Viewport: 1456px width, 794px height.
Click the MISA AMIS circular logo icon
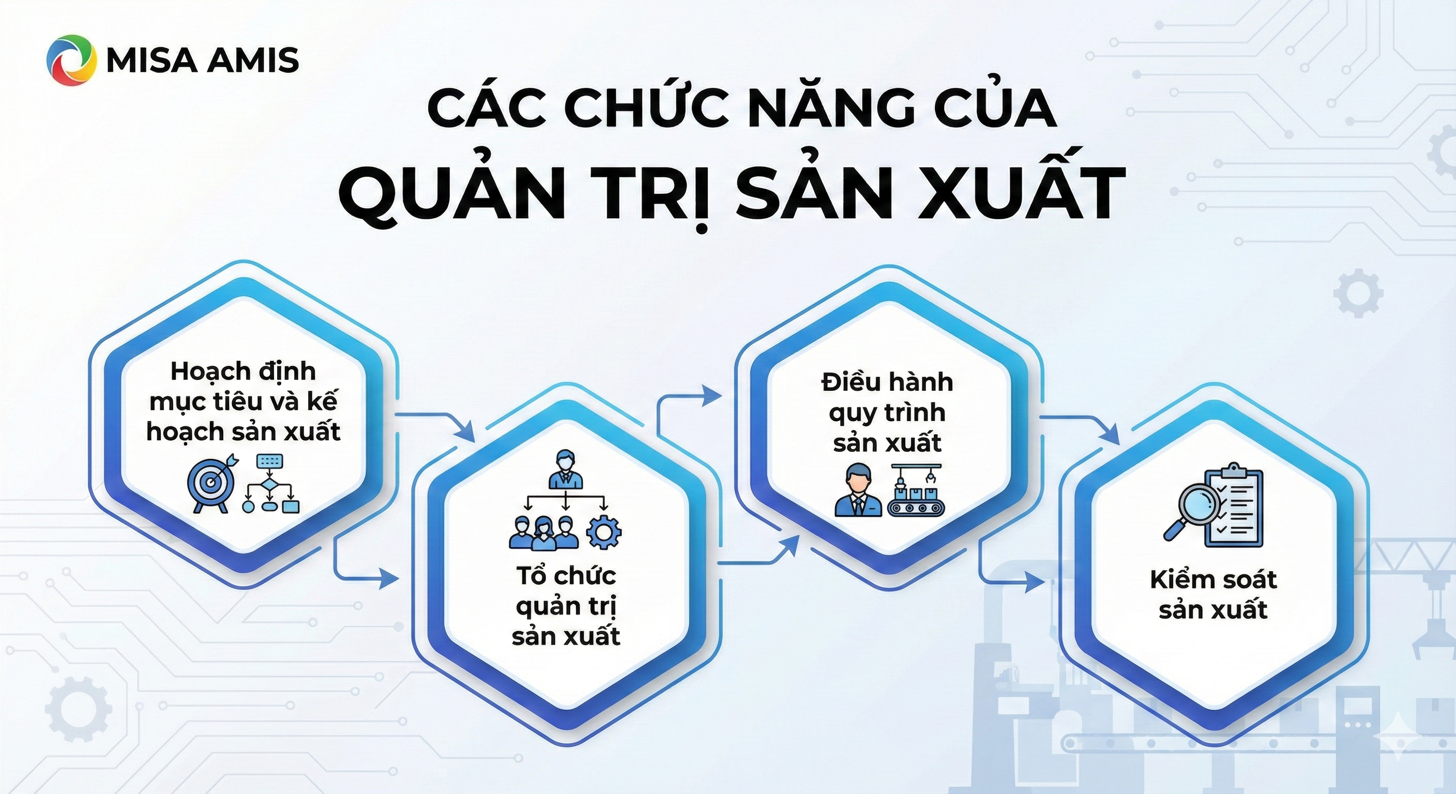click(x=68, y=60)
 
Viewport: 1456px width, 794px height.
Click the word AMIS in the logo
click(x=252, y=60)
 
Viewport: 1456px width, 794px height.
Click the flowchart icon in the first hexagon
click(x=271, y=484)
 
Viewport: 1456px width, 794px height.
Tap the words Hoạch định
click(x=243, y=371)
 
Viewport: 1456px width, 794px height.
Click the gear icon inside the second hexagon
click(x=604, y=532)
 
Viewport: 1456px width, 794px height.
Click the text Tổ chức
click(x=566, y=576)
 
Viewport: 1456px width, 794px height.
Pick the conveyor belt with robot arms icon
click(x=915, y=491)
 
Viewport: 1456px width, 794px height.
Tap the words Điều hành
click(x=887, y=383)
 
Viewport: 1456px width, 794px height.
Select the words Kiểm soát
click(x=1213, y=580)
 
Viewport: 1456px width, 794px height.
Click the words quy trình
click(x=887, y=413)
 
